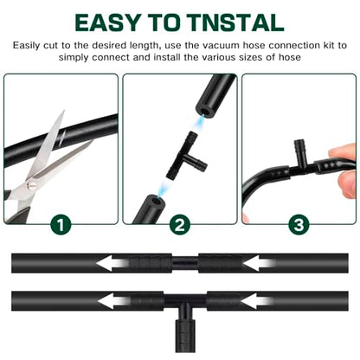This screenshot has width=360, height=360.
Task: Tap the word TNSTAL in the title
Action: click(238, 22)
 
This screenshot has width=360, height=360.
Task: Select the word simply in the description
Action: click(74, 57)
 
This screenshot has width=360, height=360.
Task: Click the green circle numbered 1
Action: click(61, 225)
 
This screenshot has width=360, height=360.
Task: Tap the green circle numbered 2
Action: click(180, 225)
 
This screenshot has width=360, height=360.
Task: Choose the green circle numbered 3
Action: click(299, 225)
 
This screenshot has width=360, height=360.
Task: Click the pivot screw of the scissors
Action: click(31, 185)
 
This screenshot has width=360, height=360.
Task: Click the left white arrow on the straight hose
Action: click(112, 263)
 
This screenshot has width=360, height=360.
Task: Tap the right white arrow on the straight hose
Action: click(258, 263)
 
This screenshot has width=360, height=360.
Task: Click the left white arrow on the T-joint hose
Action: click(113, 301)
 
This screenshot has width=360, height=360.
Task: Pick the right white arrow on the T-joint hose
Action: click(256, 301)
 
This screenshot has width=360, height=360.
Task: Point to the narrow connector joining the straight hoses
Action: click(185, 263)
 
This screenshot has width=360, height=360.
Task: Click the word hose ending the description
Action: click(289, 57)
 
